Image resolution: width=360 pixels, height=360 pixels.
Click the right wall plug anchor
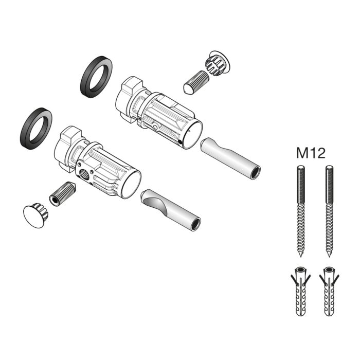pyautogui.click(x=328, y=293)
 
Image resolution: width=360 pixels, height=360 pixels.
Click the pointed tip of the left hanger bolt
pyautogui.click(x=301, y=256)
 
